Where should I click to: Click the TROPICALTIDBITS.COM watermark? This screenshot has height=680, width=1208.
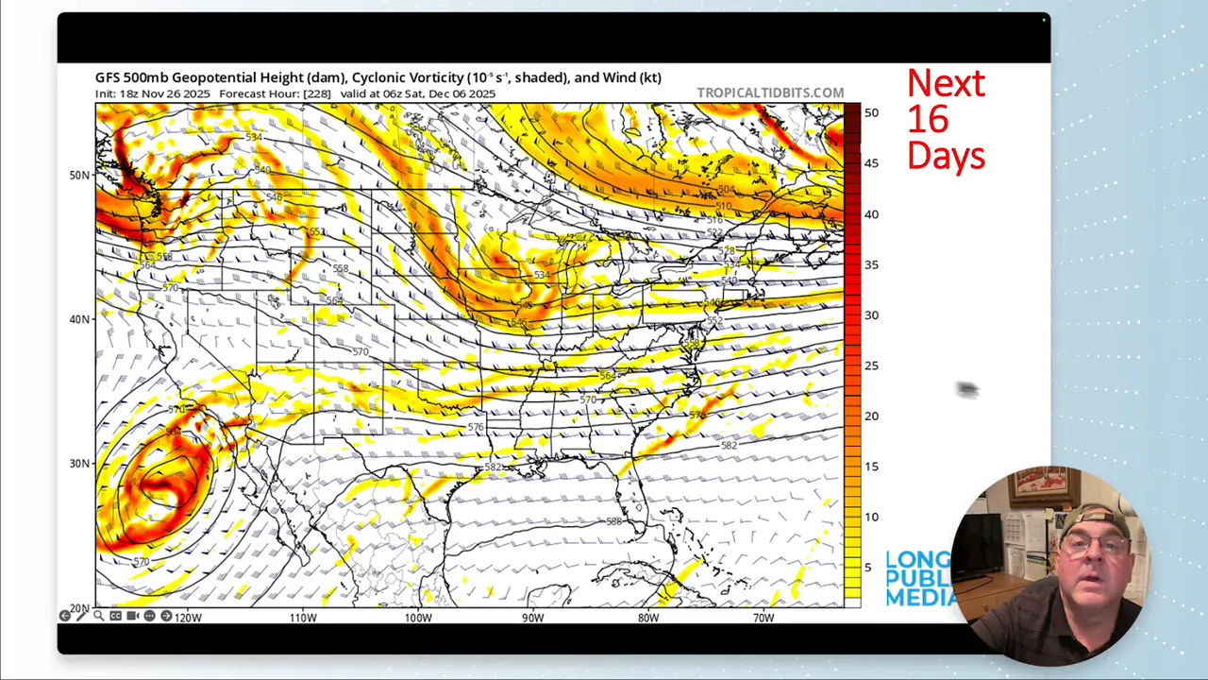tap(770, 93)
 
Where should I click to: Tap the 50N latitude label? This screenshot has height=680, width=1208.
tap(79, 175)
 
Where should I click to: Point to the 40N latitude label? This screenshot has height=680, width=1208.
tap(79, 319)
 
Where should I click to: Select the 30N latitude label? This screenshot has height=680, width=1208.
tap(79, 464)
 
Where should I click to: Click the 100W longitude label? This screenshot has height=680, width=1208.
tap(418, 618)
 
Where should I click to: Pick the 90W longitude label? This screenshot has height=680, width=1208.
tap(533, 618)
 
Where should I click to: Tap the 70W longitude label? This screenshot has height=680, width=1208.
tap(763, 618)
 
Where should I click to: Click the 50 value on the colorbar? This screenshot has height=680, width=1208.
tap(871, 112)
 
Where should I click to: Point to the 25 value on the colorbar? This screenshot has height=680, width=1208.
tap(871, 365)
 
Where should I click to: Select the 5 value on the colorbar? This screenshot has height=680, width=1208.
tap(868, 568)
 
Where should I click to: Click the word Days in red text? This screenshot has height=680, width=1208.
tap(946, 156)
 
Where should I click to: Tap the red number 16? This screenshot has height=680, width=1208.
tap(928, 120)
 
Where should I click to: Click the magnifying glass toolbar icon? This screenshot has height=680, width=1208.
tap(98, 616)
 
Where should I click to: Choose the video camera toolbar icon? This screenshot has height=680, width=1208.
tap(132, 616)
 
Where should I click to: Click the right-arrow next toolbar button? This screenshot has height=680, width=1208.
tap(166, 616)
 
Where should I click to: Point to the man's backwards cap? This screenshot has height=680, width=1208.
tap(1095, 520)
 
